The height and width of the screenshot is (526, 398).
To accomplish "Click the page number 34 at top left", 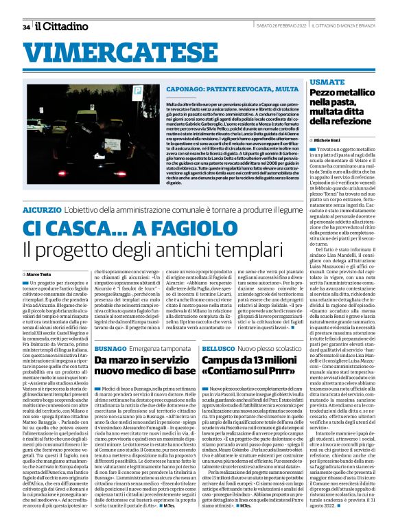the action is point(26,27).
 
